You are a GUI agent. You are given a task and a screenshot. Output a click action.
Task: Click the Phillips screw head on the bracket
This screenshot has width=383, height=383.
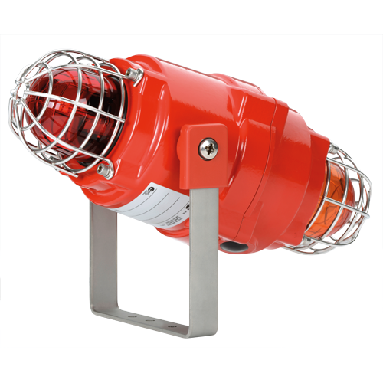tap(208, 149)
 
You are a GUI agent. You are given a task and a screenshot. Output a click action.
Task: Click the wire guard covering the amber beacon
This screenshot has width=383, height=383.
tap(349, 184)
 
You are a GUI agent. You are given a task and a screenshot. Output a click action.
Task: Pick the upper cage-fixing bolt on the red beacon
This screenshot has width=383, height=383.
tap(134, 74)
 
